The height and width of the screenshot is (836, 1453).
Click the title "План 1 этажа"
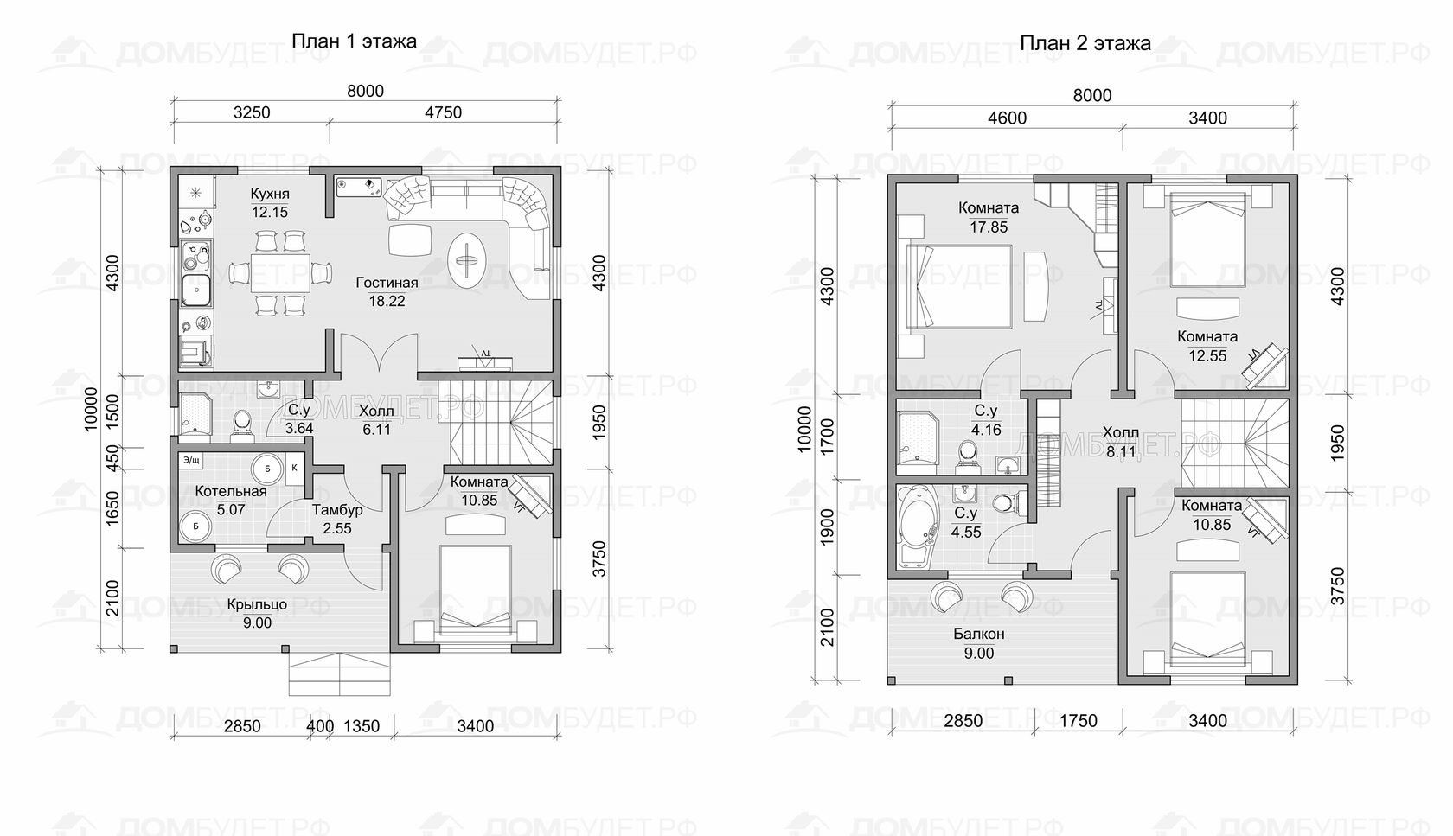(354, 41)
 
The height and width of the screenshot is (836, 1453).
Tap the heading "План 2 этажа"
(1085, 43)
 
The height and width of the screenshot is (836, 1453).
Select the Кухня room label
(270, 194)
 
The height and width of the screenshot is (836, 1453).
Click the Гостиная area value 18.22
(387, 301)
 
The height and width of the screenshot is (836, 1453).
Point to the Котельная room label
(231, 492)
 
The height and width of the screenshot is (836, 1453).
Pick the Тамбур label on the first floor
(337, 510)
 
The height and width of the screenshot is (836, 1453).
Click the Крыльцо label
(257, 604)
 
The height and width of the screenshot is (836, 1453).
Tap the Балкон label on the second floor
(979, 634)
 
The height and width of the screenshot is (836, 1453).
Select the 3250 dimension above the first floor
(252, 112)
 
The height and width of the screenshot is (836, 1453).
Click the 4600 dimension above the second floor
(1007, 118)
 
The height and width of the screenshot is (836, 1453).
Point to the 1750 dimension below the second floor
(1078, 720)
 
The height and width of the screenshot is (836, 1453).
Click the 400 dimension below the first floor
(320, 725)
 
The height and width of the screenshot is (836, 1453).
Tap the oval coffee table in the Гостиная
(465, 260)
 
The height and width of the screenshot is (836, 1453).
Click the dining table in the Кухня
(280, 273)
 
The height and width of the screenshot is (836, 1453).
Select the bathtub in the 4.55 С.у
(917, 527)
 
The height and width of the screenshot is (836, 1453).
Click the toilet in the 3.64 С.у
(242, 422)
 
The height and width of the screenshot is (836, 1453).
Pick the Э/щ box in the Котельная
(192, 461)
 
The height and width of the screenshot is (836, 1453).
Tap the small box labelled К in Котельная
(294, 469)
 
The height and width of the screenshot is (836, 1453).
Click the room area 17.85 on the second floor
(989, 227)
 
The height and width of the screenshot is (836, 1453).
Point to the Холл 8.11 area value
(1121, 451)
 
